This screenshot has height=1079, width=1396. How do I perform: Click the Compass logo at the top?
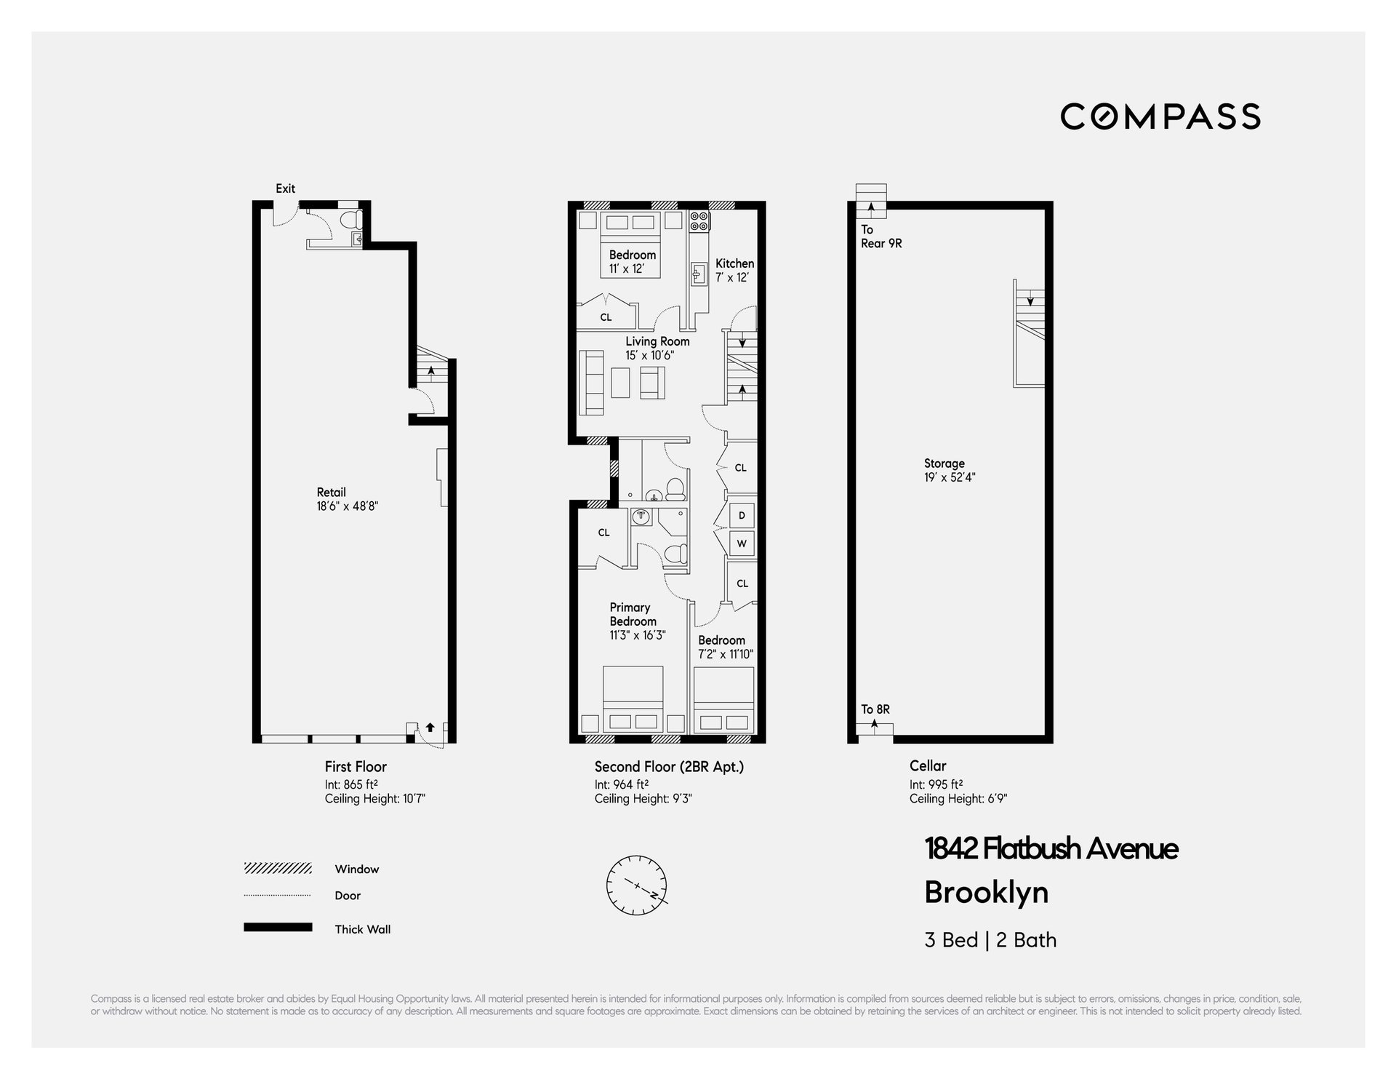pos(1160,116)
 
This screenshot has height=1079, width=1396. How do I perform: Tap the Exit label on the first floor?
pos(285,188)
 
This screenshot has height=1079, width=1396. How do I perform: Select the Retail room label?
pos(332,492)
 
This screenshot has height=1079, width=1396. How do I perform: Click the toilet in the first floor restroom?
pos(351,220)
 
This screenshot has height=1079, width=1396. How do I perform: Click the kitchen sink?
pos(699,274)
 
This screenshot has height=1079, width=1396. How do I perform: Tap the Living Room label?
pos(657,341)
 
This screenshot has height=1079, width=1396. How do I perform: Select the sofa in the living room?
pos(592,383)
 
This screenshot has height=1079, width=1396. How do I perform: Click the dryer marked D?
pos(742,515)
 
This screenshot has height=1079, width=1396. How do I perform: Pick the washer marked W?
pos(742,543)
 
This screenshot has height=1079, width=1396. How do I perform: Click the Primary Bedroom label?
pos(633,614)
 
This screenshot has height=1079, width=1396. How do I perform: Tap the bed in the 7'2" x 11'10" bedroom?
pos(723,700)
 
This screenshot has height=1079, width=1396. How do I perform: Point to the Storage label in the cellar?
pos(944,463)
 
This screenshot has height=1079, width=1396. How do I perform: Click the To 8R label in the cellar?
pos(875,709)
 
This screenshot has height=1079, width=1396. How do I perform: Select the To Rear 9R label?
pos(881,236)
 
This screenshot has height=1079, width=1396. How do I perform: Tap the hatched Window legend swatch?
pos(278,868)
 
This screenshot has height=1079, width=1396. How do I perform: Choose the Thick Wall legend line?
pos(278,927)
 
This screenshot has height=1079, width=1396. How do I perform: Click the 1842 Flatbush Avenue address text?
pos(1051,848)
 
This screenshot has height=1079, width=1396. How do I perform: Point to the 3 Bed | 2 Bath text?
pos(990,940)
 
